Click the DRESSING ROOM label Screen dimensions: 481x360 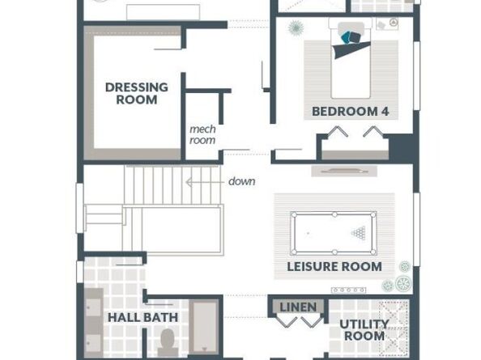[137, 94]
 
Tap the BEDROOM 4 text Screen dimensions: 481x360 [351, 111]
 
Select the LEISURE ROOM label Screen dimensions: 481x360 [334, 266]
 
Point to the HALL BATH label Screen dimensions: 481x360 [143, 317]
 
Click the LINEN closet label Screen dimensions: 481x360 [298, 307]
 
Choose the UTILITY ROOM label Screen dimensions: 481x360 [364, 330]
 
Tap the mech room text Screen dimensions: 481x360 [202, 134]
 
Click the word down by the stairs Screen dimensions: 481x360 [242, 181]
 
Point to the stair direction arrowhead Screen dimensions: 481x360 [189, 182]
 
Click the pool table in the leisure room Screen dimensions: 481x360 [334, 234]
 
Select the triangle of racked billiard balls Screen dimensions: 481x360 [358, 233]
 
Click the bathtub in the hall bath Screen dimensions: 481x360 [204, 328]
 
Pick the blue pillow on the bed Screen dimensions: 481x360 [347, 37]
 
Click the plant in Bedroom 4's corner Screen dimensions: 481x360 [296, 28]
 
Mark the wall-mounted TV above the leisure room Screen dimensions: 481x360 [344, 171]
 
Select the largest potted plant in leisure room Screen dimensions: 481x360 [403, 283]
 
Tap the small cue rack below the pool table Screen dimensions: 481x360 [348, 290]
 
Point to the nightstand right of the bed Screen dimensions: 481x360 [387, 24]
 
